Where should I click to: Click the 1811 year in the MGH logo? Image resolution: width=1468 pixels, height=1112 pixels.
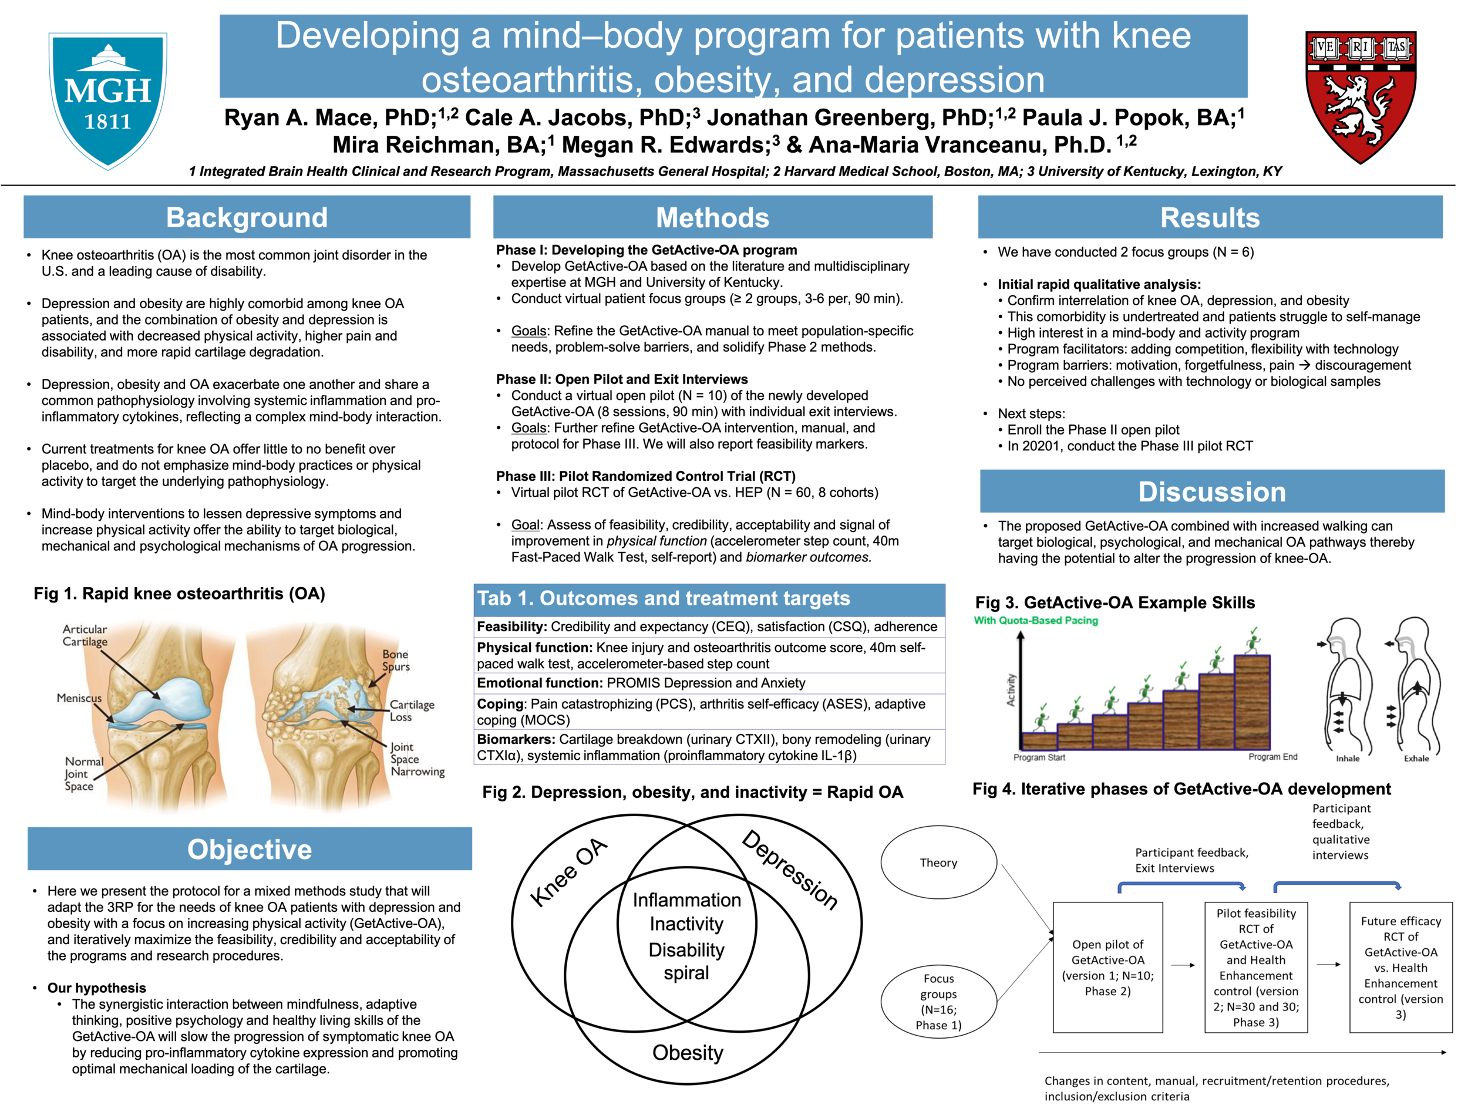(107, 122)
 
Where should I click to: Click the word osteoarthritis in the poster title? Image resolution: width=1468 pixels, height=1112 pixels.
(528, 80)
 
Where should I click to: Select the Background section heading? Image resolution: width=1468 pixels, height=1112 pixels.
(247, 218)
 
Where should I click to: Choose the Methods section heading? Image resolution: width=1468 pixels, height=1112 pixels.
(712, 218)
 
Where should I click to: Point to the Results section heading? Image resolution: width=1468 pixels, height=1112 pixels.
(1210, 218)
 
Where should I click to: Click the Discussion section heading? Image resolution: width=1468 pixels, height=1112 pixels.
(1212, 491)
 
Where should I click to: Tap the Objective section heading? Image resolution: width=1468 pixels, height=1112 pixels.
(250, 849)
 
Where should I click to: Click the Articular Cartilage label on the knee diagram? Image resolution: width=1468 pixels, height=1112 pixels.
(85, 635)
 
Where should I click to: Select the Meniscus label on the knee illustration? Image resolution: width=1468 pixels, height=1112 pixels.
(79, 698)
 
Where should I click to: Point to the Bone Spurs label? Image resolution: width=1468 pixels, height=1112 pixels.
(396, 660)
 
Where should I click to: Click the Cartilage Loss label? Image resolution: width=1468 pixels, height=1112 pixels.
(412, 710)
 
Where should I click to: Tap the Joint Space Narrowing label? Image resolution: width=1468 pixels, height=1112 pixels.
(417, 759)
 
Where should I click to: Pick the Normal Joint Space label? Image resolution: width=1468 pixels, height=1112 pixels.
(83, 774)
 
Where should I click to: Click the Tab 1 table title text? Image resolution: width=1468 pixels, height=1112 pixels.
(664, 598)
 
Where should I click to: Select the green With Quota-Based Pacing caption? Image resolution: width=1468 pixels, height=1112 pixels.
(1036, 621)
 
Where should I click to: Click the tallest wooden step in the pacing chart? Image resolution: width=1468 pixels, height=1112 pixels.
(1252, 702)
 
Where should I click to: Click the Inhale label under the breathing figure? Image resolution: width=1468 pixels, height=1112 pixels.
(1348, 759)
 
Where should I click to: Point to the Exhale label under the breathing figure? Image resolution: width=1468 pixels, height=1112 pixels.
(1416, 759)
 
